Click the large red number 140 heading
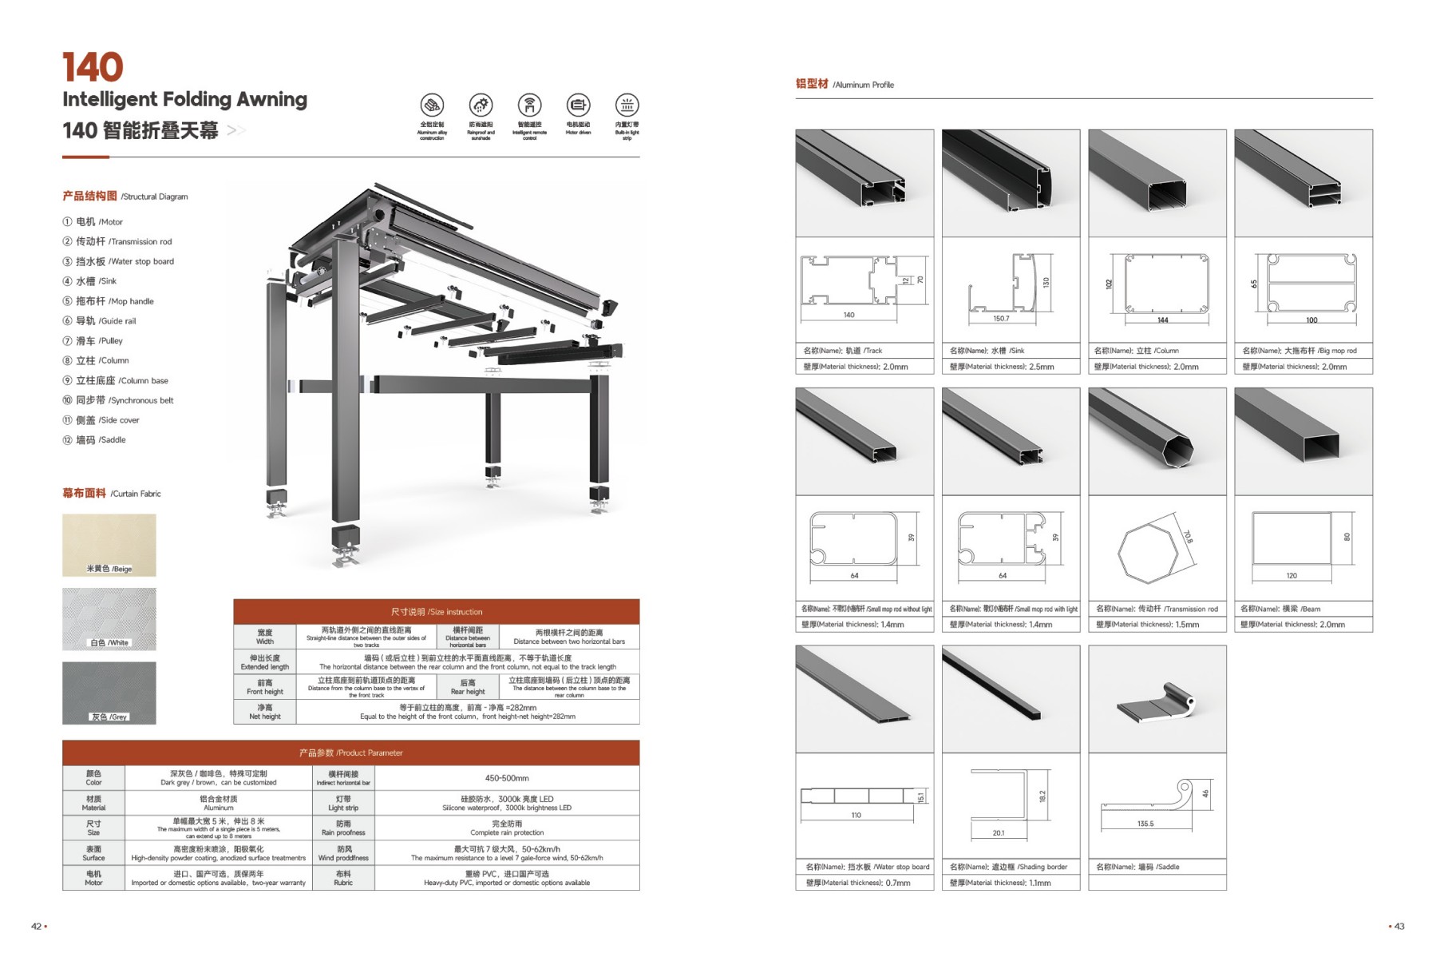[93, 67]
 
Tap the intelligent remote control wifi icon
[529, 105]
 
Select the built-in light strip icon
[627, 105]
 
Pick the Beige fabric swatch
[109, 545]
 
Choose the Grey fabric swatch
[109, 693]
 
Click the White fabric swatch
[109, 619]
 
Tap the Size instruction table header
[436, 612]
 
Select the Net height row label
[264, 712]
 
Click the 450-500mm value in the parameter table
[507, 778]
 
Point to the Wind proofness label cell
[343, 853]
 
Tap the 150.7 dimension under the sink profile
[1001, 319]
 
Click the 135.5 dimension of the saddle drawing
[1145, 824]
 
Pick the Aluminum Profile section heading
[845, 84]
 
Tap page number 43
[1398, 927]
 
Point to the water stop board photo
[864, 699]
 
